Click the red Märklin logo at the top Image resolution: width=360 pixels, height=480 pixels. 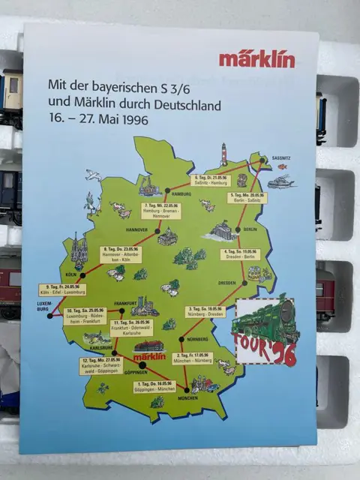pos(256,59)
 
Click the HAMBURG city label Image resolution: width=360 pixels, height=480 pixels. pos(182,194)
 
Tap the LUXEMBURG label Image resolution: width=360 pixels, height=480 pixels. pos(39,307)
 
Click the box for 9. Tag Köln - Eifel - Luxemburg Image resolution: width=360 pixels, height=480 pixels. pos(64,289)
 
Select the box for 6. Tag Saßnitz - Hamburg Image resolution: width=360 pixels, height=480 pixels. pos(210,180)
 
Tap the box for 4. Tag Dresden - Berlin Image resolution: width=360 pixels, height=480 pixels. pos(239,253)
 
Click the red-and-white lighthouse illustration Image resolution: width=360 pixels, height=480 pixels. pos(223,154)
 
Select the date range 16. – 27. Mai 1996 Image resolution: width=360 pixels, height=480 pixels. pos(98,118)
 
